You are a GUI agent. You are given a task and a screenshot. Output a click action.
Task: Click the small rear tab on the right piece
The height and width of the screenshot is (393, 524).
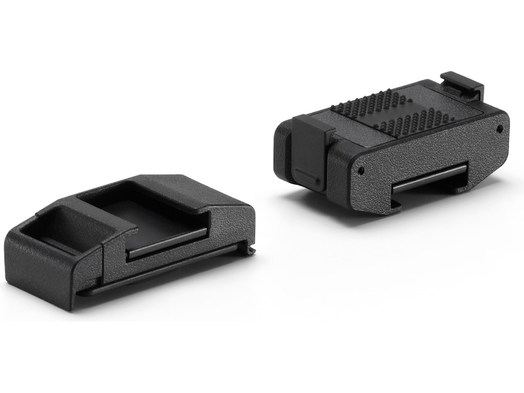461,84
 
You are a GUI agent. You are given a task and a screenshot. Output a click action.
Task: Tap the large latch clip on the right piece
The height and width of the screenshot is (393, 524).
312,147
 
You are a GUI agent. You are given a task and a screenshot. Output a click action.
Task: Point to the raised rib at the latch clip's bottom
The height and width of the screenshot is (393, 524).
306,176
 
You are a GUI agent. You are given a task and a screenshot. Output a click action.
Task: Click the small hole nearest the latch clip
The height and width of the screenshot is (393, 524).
362,170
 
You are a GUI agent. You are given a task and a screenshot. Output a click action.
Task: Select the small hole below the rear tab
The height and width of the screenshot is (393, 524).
499,129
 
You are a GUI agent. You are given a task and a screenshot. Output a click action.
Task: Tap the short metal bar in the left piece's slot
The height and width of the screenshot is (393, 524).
167,244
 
